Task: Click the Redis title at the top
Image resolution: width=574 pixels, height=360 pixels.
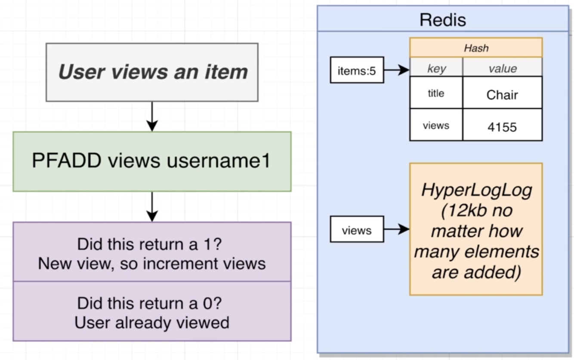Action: [x=443, y=20]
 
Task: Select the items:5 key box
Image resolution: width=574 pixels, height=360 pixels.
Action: [x=357, y=70]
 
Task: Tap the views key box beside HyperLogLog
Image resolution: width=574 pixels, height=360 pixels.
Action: [x=357, y=231]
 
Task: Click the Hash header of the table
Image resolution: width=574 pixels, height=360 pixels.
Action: [x=476, y=48]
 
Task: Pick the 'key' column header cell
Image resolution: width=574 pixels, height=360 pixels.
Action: [x=436, y=69]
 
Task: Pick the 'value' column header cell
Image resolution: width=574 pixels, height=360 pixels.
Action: [x=502, y=69]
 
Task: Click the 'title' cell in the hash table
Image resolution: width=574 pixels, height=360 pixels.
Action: [x=436, y=93]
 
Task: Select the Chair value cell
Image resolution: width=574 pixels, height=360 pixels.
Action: [x=502, y=95]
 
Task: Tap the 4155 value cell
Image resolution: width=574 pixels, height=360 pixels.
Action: [x=502, y=126]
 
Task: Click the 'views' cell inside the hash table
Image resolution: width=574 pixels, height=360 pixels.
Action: [x=436, y=126]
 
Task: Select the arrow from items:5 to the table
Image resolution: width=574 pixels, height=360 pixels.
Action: [x=396, y=70]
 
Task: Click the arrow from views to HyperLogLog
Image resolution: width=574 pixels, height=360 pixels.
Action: [x=396, y=230]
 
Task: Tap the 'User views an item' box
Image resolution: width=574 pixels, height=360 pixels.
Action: [x=152, y=72]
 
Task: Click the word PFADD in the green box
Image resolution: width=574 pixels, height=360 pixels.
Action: [x=67, y=161]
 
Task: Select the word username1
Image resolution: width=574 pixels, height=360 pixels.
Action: [x=219, y=161]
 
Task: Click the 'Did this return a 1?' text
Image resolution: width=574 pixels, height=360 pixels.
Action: [x=149, y=244]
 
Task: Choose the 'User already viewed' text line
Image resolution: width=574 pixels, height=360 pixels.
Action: [x=152, y=322]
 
